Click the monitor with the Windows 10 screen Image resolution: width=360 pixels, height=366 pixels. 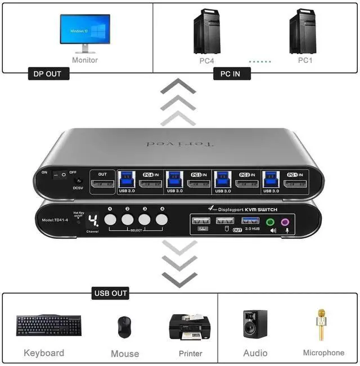[84, 31]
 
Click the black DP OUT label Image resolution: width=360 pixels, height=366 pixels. [48, 74]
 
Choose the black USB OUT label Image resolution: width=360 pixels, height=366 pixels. [111, 292]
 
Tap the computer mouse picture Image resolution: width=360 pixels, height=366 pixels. [124, 327]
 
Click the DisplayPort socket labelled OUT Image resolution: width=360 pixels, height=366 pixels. [102, 184]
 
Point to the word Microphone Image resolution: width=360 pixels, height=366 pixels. [323, 353]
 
